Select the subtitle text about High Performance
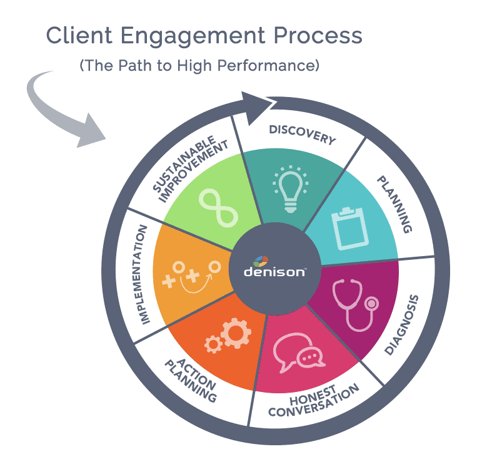pyautogui.click(x=199, y=66)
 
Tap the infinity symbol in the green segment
pyautogui.click(x=218, y=207)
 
